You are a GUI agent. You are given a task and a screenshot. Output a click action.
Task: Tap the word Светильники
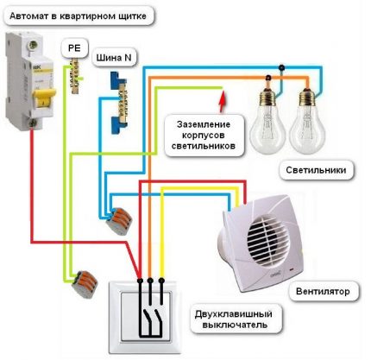[318, 170]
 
